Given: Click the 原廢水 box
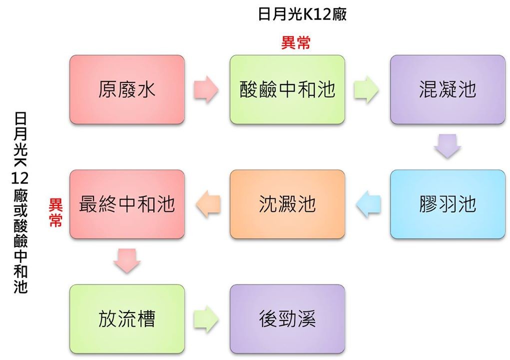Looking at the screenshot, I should pos(127,89).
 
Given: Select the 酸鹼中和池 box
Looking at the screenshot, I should pos(287,89).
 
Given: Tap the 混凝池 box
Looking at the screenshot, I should pos(448,89).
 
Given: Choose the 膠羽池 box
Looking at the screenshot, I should pos(448,204).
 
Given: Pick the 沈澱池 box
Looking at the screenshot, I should pos(287,204).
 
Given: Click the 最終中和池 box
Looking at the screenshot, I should pos(127,204).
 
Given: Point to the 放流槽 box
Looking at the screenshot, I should pos(127,319).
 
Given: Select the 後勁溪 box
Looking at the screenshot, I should pos(287,319).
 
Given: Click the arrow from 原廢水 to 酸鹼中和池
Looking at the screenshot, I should pos(206,90).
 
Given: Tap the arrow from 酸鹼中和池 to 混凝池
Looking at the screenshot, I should pos(367,90).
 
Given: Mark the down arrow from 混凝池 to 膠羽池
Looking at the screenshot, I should pos(447,146).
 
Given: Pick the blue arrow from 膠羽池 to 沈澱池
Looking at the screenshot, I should pos(368,204).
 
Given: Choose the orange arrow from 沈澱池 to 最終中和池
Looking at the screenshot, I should pos(208,204).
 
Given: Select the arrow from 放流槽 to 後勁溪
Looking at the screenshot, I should pos(206,319).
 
